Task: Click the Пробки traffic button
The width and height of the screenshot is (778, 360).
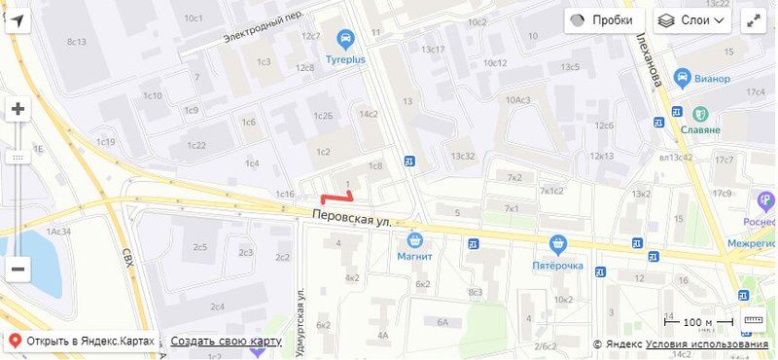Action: coord(604,20)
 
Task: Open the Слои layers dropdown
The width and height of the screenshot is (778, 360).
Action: coord(692,20)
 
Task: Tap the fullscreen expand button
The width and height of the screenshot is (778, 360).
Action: coord(753,20)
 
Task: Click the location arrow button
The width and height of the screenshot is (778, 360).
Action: coord(18,20)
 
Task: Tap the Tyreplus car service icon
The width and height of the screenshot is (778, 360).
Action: coord(344,39)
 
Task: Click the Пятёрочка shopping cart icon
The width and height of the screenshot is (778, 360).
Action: coord(557,243)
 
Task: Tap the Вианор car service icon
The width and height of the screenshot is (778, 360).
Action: coord(684,77)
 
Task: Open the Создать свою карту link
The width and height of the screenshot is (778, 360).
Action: coord(226,342)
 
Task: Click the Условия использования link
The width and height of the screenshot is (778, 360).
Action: coord(707,344)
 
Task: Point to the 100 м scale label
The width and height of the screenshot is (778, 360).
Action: coord(698,322)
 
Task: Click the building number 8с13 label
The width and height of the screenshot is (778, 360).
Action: coord(77,42)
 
